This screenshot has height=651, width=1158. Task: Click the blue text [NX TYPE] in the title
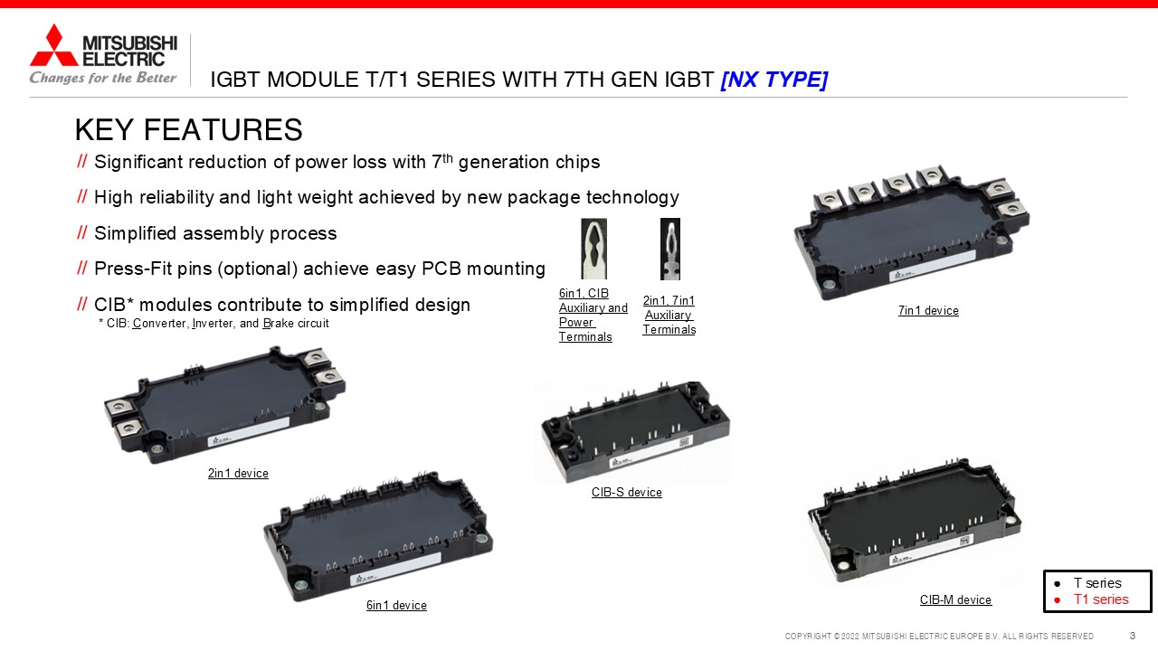774,80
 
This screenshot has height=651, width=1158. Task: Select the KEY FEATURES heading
189,129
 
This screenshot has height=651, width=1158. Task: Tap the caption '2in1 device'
238,473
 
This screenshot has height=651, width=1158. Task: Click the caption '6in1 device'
396,605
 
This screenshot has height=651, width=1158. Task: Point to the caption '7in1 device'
928,310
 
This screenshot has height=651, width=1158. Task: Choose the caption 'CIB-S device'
627,492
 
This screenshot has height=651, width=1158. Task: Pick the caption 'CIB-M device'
956,599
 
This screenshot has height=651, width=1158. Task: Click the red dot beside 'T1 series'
1058,600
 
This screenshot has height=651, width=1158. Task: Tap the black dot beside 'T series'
1058,584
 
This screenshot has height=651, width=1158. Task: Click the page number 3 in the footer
1132,636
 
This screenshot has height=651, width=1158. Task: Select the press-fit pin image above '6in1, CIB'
594,249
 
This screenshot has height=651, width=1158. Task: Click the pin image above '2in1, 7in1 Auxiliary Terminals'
670,249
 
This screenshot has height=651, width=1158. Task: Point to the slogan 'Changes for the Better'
103,78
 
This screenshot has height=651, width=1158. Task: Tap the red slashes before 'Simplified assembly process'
81,232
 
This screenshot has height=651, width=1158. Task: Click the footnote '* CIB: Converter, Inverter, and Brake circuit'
214,324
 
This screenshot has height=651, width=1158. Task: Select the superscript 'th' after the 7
447,157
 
